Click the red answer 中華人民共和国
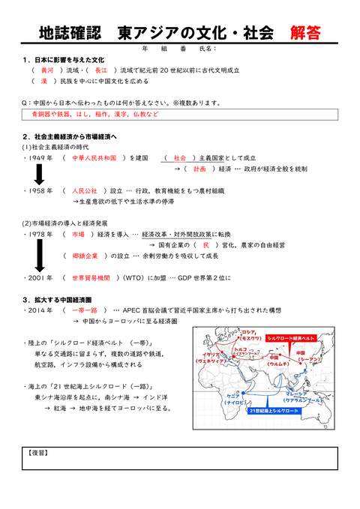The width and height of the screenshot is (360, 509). pyautogui.click(x=94, y=158)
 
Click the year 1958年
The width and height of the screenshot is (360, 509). pyautogui.click(x=38, y=190)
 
